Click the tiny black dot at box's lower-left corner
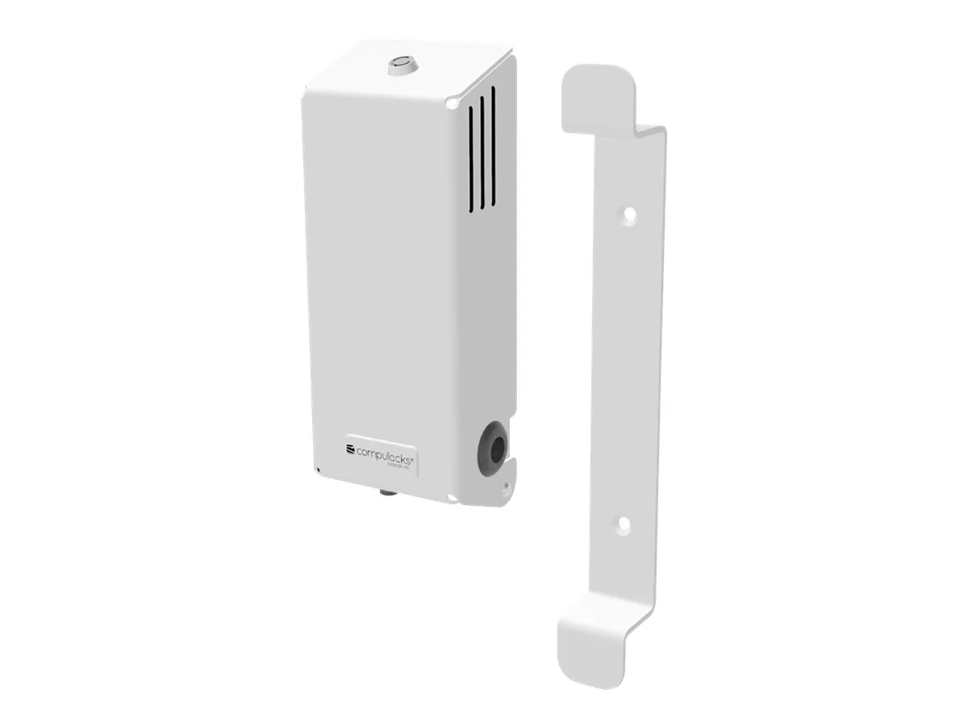[x=319, y=469]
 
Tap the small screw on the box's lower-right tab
[x=505, y=486]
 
